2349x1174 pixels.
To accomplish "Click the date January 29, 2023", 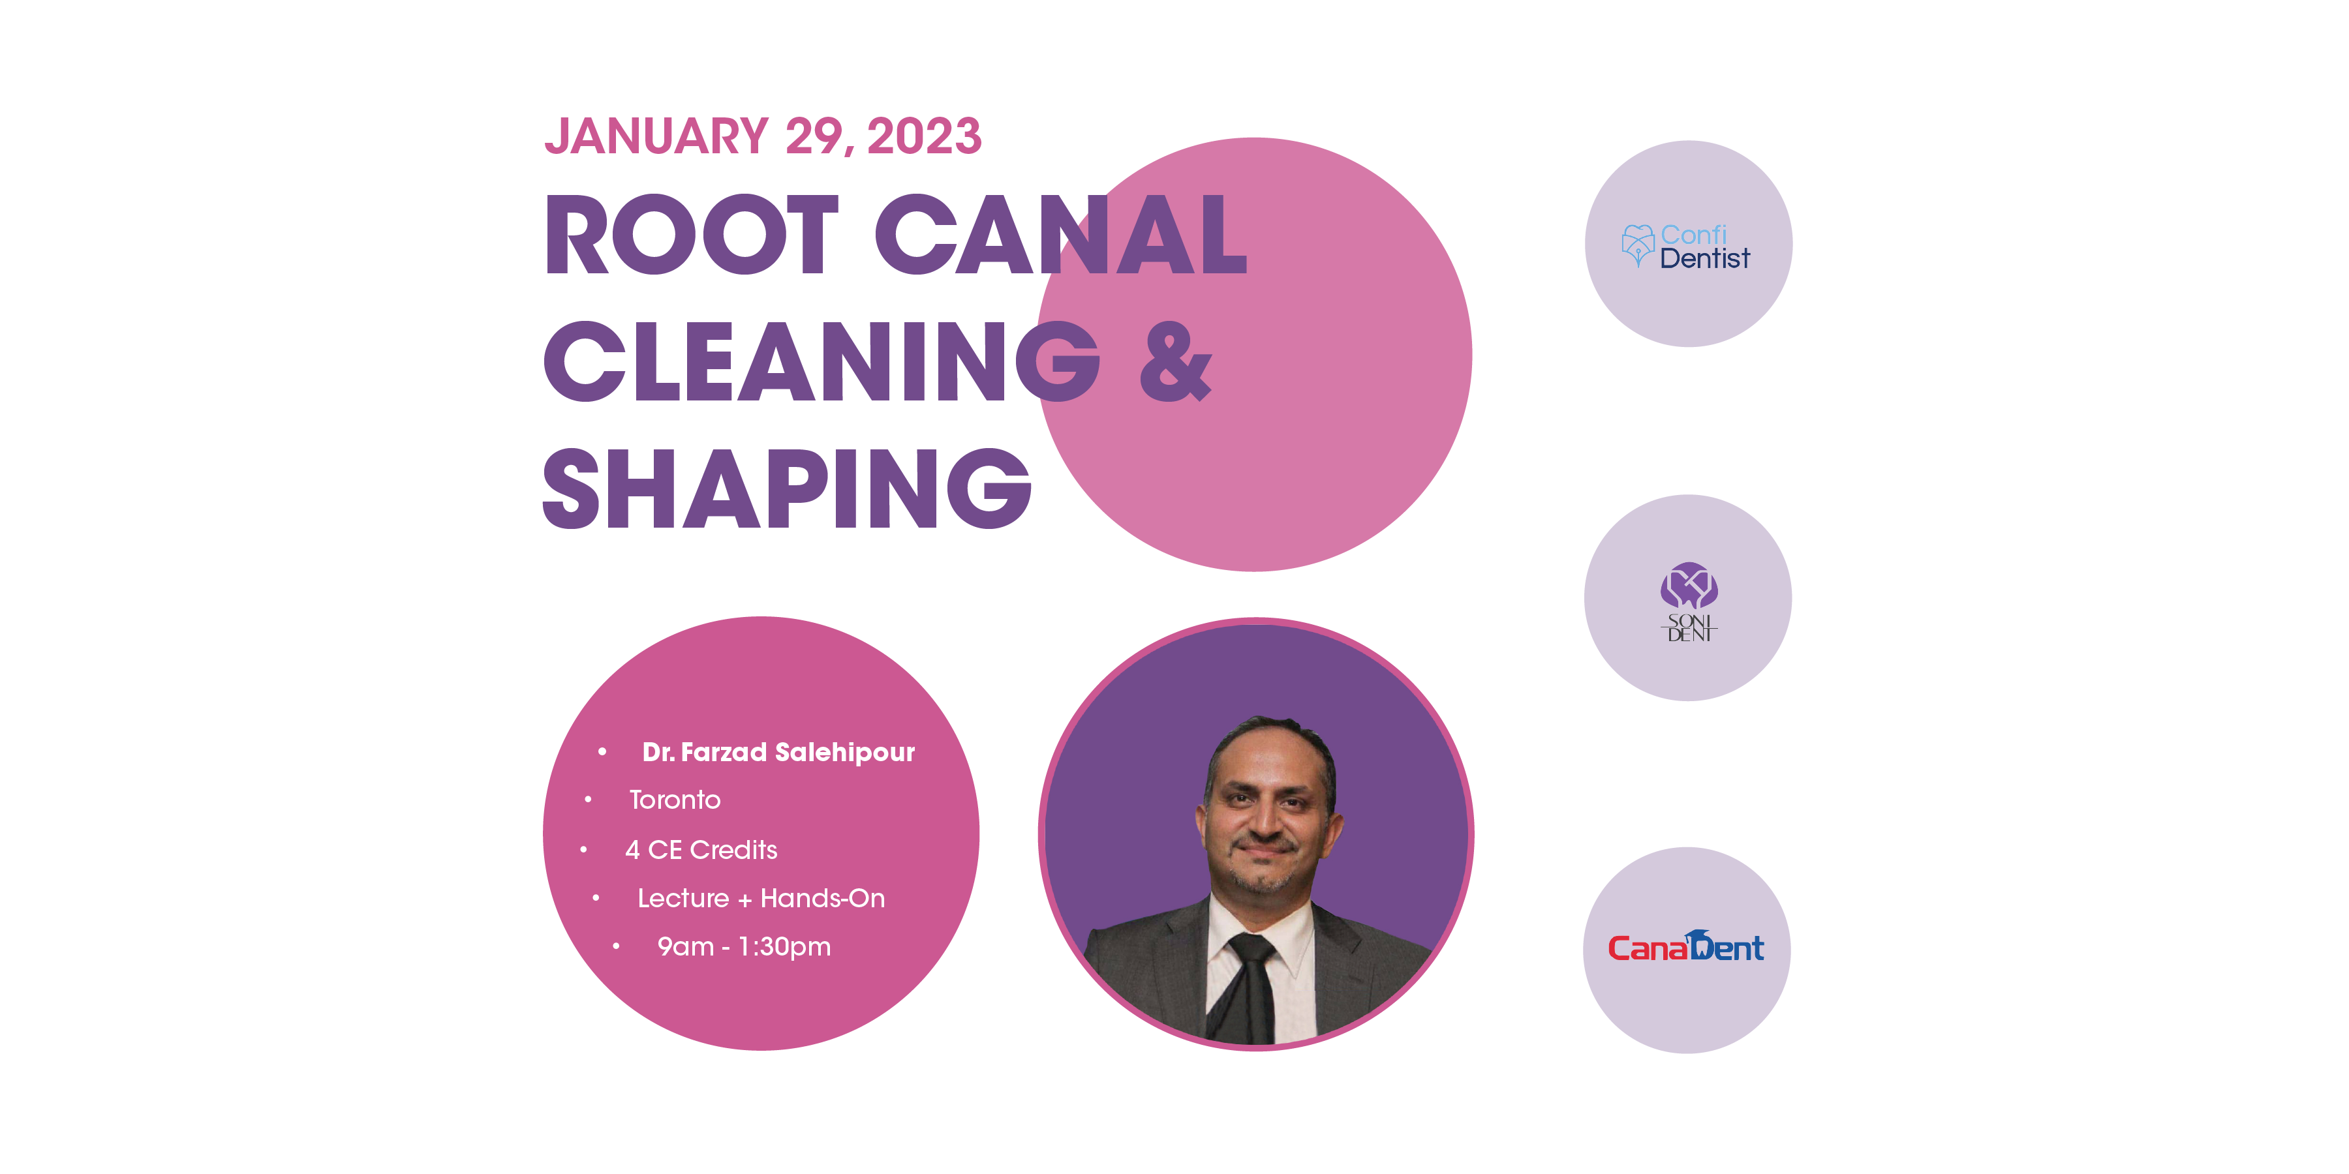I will (x=762, y=137).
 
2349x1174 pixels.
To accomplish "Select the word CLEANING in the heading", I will (x=821, y=362).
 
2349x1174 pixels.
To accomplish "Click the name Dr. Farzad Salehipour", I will (x=778, y=752).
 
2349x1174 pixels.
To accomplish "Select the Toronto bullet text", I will (x=675, y=800).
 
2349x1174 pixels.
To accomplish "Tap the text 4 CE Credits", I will (x=701, y=849).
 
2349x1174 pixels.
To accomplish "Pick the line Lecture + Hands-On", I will (x=761, y=898).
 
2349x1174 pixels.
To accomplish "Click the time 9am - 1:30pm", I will (x=743, y=947).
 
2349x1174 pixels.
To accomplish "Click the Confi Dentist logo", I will (x=1687, y=245).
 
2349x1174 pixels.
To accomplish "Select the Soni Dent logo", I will (x=1688, y=601).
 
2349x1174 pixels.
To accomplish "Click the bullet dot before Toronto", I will (x=588, y=800).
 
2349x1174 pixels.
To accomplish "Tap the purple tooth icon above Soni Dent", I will (x=1688, y=585).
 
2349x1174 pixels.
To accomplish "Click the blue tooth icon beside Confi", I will (x=1638, y=245).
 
